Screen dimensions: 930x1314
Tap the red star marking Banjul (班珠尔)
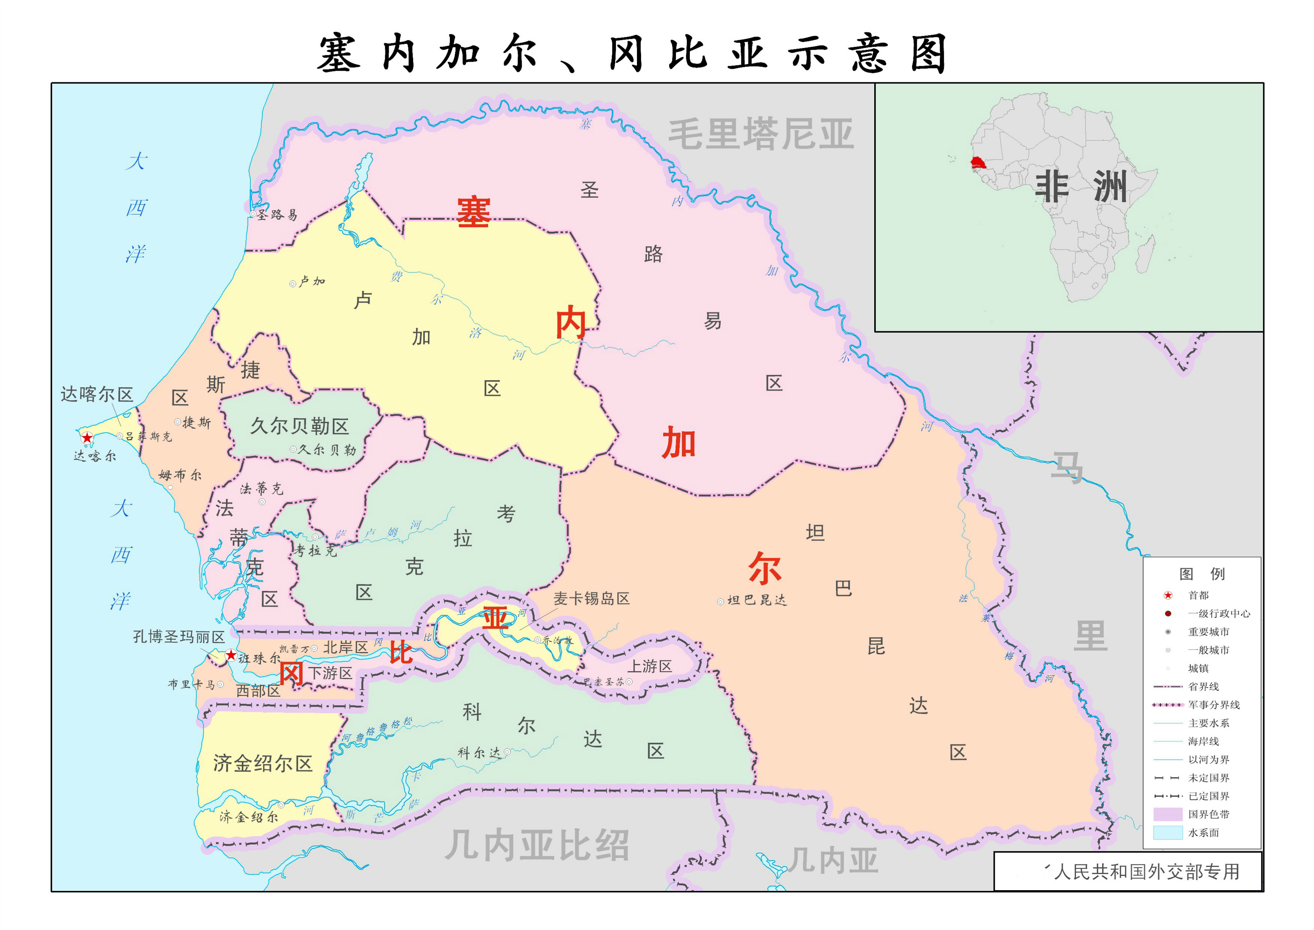(231, 655)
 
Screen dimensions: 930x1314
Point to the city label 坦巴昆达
(757, 600)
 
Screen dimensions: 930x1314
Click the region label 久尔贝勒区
(299, 426)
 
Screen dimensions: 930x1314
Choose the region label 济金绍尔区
(263, 763)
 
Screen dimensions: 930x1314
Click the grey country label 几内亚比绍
(537, 845)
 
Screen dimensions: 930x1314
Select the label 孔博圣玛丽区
(179, 637)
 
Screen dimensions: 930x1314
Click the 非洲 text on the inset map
(1081, 187)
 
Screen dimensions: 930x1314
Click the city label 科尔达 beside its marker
(479, 752)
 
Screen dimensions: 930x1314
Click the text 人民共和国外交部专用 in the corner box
(1146, 871)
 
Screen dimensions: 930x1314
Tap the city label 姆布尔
(180, 475)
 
